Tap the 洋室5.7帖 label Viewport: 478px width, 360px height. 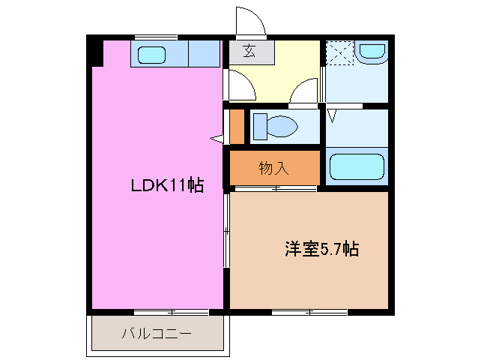(321, 248)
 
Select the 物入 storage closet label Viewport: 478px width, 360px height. (273, 168)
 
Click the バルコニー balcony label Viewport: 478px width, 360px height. (157, 334)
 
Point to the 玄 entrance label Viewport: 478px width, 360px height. (249, 53)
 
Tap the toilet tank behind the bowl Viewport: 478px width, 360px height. (258, 125)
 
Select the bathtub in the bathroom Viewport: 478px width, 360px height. (357, 167)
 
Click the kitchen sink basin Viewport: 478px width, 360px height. (153, 54)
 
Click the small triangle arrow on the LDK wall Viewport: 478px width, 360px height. (217, 138)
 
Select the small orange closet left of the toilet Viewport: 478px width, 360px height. (237, 126)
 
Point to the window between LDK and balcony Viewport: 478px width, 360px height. (171, 311)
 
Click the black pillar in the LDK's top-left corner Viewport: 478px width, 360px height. (95, 52)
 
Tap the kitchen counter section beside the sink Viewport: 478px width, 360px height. (204, 54)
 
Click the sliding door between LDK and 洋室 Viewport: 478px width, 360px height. (226, 229)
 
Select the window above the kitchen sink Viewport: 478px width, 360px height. (156, 36)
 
